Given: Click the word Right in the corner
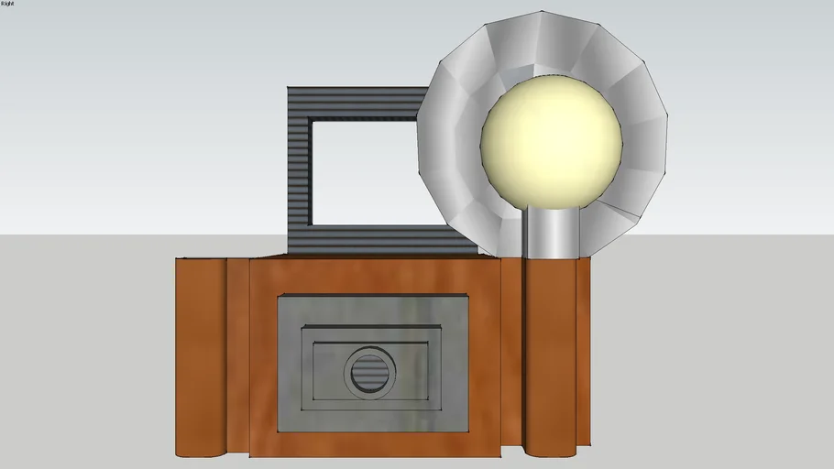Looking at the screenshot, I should (8, 4).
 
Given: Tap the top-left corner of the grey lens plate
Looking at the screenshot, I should (278, 295).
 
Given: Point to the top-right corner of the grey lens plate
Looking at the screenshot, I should (467, 295).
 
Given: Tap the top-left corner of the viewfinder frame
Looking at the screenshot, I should (288, 88).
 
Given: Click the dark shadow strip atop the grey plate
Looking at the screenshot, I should (372, 299).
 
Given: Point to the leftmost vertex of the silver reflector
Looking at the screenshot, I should (417, 128).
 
